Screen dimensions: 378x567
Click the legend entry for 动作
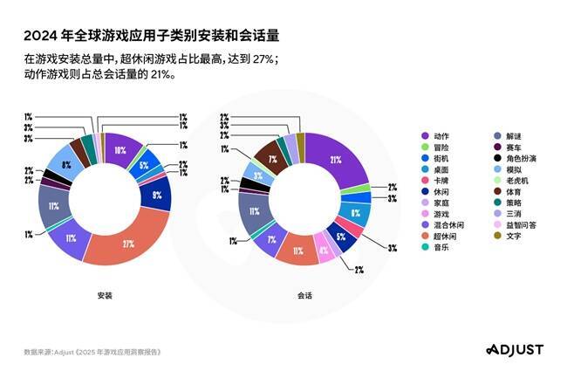click(441, 136)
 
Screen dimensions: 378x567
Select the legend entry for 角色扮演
click(520, 158)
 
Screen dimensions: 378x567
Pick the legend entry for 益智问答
click(520, 224)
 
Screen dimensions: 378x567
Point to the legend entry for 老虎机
click(516, 180)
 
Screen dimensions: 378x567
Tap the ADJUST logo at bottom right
click(514, 349)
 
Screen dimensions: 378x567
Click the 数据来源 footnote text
click(93, 352)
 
